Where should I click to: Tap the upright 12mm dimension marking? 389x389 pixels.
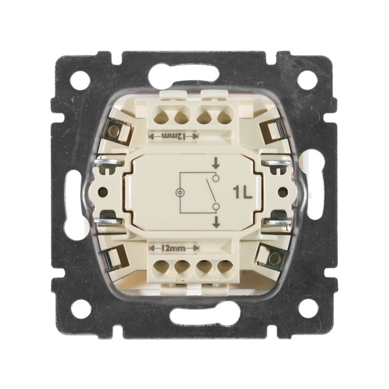[x=173, y=248]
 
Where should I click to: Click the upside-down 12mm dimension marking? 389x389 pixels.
[x=173, y=136]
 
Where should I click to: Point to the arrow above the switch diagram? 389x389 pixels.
[x=216, y=163]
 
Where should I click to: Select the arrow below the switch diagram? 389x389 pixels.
[x=216, y=222]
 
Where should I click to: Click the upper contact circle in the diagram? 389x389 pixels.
[x=216, y=178]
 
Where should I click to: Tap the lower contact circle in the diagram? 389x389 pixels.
[x=216, y=207]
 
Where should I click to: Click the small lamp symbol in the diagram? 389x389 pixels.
[x=179, y=192]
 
